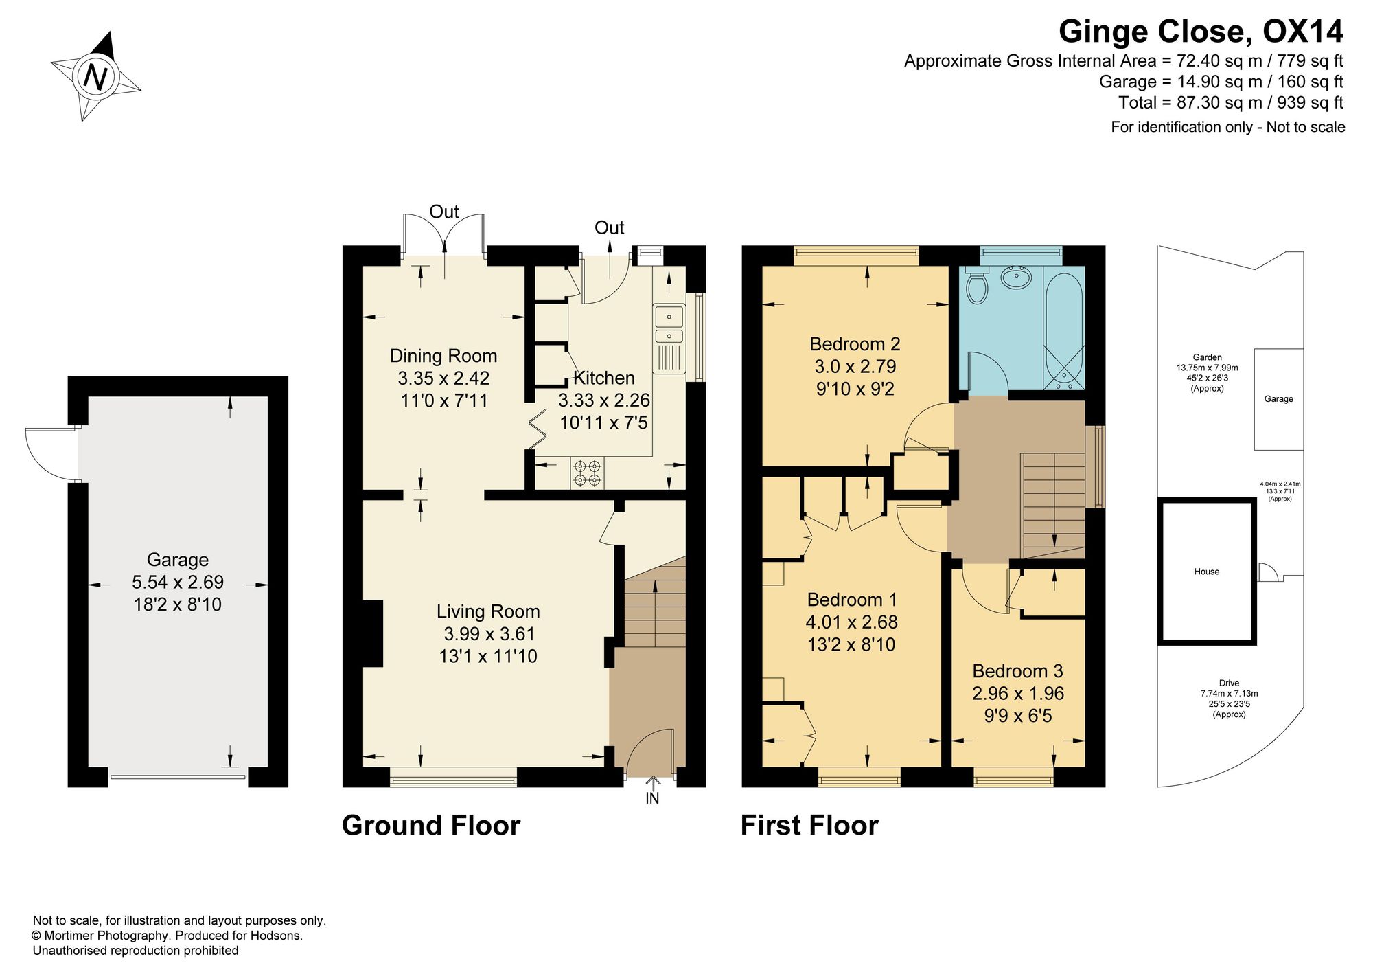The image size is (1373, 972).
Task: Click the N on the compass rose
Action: (95, 76)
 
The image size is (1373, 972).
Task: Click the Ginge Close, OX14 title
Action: (1201, 32)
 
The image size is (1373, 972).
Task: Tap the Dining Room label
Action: (443, 356)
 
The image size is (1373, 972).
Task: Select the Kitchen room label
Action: (604, 378)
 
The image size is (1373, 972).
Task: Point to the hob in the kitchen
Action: (587, 473)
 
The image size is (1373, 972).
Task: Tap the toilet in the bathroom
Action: (976, 286)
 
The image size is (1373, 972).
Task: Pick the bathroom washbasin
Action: (1016, 277)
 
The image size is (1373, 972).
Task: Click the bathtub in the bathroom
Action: (1063, 328)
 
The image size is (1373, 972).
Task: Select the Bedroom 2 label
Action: (855, 344)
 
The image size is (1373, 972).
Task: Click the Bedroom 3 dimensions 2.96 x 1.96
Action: (1018, 694)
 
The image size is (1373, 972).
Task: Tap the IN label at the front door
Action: (652, 798)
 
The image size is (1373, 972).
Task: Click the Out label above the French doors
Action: (444, 212)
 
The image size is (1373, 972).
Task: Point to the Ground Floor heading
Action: (431, 826)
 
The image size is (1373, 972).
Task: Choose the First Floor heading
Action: (809, 826)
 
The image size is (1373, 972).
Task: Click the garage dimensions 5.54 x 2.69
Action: (178, 583)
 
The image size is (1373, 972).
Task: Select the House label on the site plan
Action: (1207, 572)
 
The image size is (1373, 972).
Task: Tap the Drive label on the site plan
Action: (1230, 683)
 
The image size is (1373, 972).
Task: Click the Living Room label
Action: (488, 611)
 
